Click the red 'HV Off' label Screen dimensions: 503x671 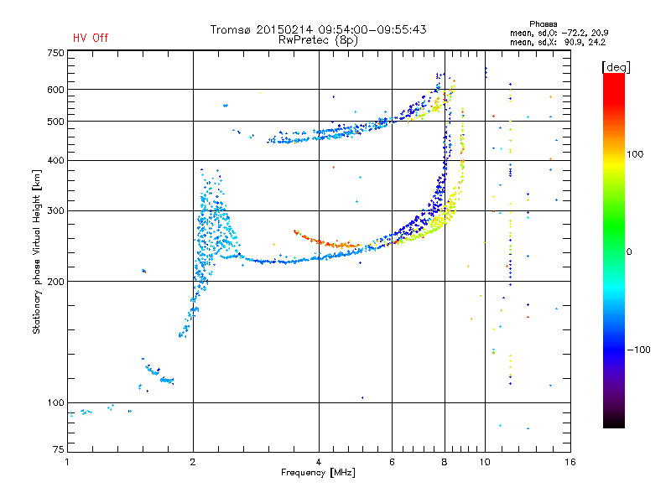[90, 38]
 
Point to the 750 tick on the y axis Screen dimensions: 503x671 [55, 53]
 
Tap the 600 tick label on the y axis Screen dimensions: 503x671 [55, 90]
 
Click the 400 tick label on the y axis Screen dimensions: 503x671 [55, 160]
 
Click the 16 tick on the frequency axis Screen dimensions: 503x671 [570, 462]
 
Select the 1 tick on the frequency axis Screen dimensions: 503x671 [68, 462]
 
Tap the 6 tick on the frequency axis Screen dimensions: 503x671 [393, 462]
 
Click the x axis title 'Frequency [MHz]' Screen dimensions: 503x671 [318, 473]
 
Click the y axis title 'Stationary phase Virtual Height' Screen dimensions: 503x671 [37, 252]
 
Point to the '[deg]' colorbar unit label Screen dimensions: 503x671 [616, 66]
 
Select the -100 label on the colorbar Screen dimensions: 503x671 [640, 350]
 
